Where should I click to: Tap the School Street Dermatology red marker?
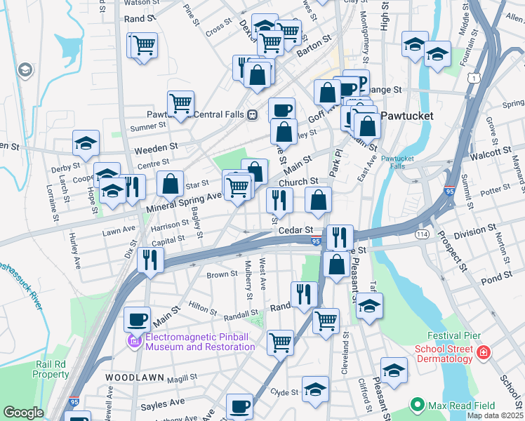484,351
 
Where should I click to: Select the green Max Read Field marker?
418,406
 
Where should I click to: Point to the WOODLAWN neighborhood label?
135,377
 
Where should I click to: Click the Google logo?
23,413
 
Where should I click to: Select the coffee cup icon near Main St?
138,320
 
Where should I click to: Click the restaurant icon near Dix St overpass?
150,259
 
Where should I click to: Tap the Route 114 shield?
422,233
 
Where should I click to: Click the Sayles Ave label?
162,404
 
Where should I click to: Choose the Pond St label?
498,280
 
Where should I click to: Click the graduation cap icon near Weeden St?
86,143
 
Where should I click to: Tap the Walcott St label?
490,152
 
